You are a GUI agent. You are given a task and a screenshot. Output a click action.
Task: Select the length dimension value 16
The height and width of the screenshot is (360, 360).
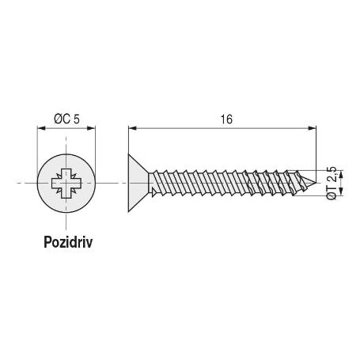(227, 119)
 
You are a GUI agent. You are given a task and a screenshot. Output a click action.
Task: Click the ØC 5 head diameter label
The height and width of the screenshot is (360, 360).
(66, 119)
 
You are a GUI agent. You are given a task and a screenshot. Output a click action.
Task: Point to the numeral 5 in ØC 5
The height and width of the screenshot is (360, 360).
(78, 119)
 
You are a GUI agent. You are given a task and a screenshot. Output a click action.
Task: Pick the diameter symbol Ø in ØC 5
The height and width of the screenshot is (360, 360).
(57, 119)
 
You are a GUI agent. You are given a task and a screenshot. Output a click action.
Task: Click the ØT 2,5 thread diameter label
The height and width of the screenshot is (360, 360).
(332, 184)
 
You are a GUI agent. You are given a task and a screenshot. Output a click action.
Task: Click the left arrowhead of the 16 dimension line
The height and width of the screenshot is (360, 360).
(132, 127)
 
